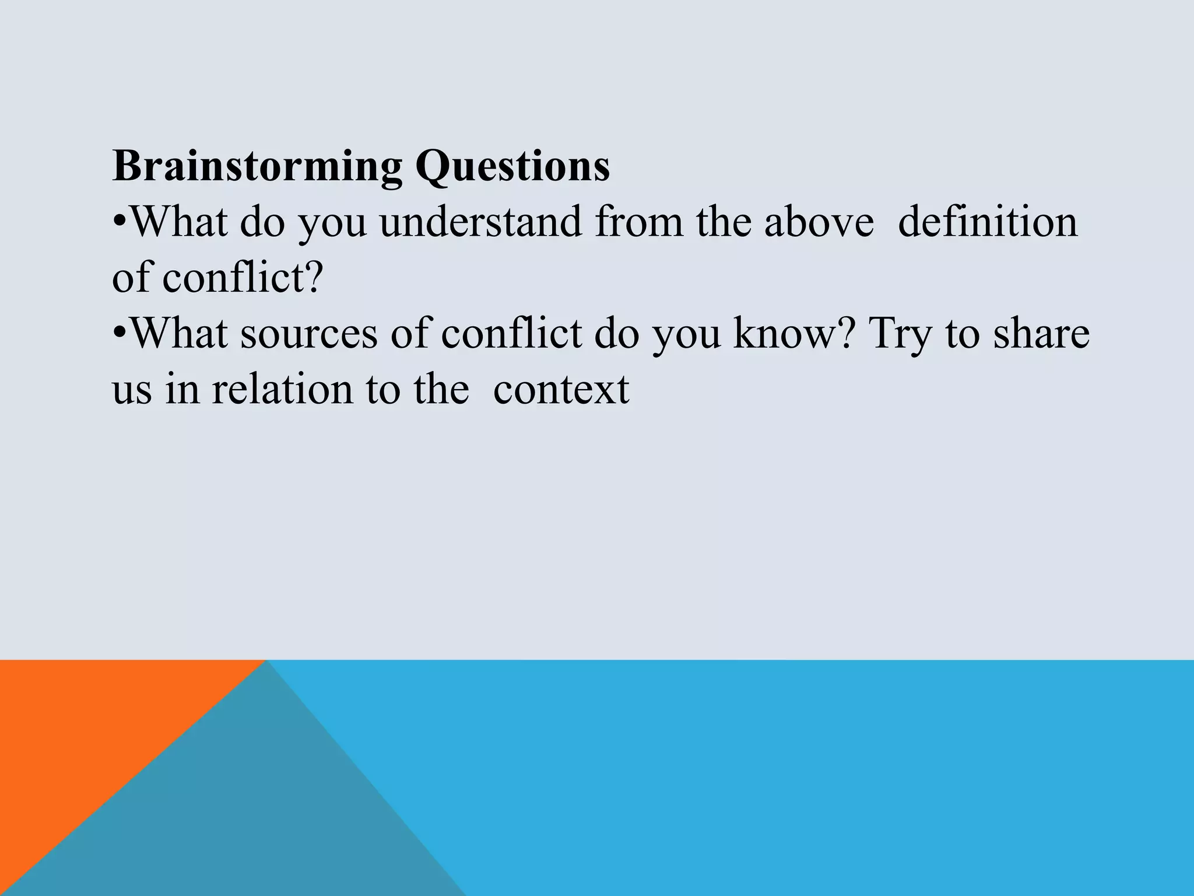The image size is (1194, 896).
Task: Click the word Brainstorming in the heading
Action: pos(257,167)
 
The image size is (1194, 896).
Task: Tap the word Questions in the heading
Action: pos(512,167)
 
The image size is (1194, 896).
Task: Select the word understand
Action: pos(481,222)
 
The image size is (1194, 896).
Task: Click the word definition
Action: pos(988,222)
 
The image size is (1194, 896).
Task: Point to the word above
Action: pos(819,222)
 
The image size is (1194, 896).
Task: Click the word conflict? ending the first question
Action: pos(242,278)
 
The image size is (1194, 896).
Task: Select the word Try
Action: pos(900,335)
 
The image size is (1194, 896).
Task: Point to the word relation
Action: pos(282,389)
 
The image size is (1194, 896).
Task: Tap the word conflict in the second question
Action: pos(511,334)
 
